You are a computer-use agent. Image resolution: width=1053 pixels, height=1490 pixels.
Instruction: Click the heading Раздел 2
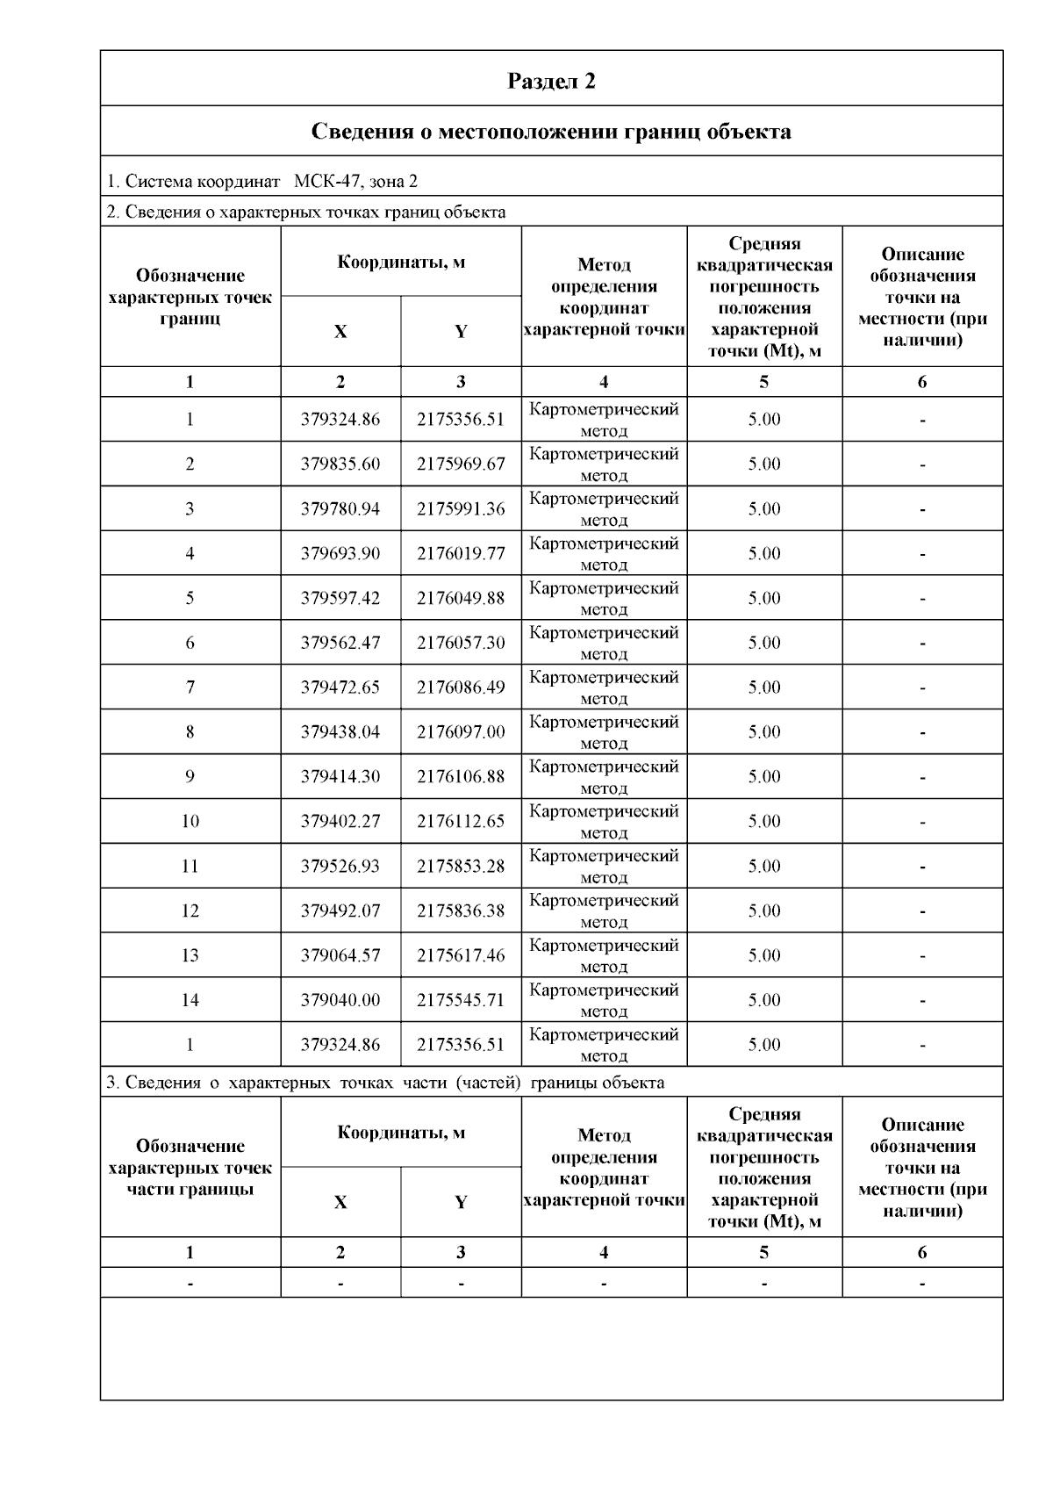tap(551, 81)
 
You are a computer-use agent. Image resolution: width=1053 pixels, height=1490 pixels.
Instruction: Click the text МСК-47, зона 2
tap(355, 182)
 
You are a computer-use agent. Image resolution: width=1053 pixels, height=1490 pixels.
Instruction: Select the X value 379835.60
tap(340, 464)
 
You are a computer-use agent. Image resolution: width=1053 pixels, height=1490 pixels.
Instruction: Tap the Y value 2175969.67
tap(461, 464)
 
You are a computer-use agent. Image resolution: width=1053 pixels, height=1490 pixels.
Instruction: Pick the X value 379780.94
tap(340, 508)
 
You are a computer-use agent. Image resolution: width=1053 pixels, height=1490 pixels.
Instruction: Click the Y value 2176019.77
tap(461, 553)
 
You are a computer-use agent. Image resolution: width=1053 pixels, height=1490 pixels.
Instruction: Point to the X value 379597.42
tap(340, 598)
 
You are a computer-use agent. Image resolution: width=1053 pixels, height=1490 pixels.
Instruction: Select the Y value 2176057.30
tap(461, 643)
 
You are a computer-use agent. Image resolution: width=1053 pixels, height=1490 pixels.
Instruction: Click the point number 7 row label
tap(190, 687)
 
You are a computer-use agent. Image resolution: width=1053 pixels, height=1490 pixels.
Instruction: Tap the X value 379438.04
tap(340, 732)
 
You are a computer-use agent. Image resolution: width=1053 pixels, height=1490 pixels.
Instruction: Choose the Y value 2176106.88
tap(461, 777)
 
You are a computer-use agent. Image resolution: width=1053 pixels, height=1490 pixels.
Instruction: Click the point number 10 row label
tap(190, 822)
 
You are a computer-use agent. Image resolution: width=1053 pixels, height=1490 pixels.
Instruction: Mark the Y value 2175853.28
tap(461, 867)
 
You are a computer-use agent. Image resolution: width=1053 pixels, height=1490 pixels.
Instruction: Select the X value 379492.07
tap(340, 911)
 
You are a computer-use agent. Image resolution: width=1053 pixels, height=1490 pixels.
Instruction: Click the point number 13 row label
tap(190, 955)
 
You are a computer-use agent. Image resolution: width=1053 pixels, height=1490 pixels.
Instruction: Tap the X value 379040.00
tap(340, 1000)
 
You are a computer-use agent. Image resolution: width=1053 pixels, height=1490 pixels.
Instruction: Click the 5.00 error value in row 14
tap(764, 1000)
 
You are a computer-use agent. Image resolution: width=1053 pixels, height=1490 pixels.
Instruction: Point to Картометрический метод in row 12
tap(604, 911)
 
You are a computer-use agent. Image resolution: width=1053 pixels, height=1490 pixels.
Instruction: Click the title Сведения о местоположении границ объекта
tap(551, 132)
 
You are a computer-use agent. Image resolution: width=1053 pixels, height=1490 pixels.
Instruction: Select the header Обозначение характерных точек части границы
tap(190, 1168)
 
